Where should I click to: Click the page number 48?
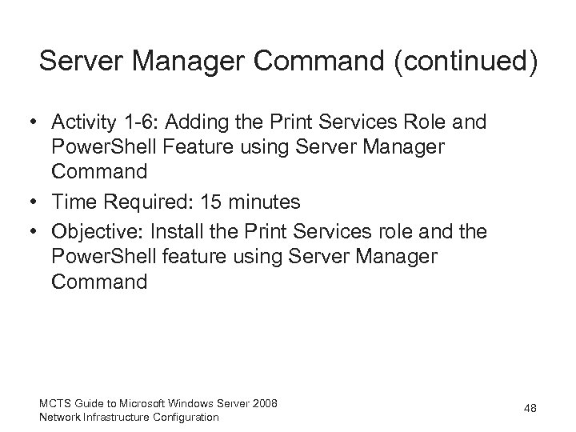[x=529, y=409]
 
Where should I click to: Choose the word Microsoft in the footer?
[x=134, y=403]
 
